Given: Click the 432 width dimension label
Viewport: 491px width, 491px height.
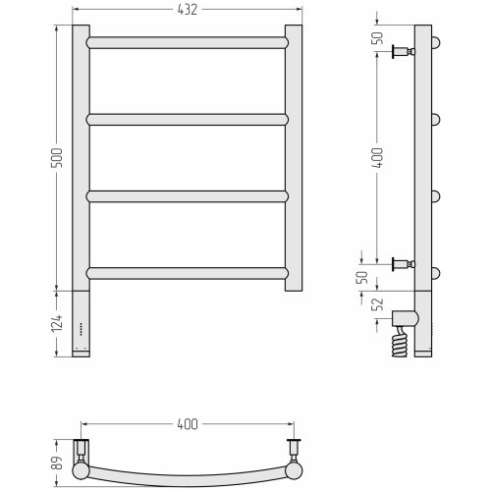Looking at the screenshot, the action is [188, 10].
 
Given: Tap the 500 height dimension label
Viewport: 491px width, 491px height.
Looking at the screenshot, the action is [56, 158].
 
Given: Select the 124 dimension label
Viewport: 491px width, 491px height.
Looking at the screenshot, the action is [56, 324].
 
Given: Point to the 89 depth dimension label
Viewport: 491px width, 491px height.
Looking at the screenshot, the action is [56, 463].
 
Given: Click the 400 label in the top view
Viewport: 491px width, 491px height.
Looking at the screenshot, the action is [188, 424].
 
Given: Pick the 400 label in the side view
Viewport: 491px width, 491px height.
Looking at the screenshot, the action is [377, 158].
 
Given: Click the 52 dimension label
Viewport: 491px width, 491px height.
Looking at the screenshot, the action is [378, 304].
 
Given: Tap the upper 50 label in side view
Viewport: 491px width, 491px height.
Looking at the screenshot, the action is [378, 38].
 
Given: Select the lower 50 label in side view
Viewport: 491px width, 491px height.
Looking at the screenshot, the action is [362, 277].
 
